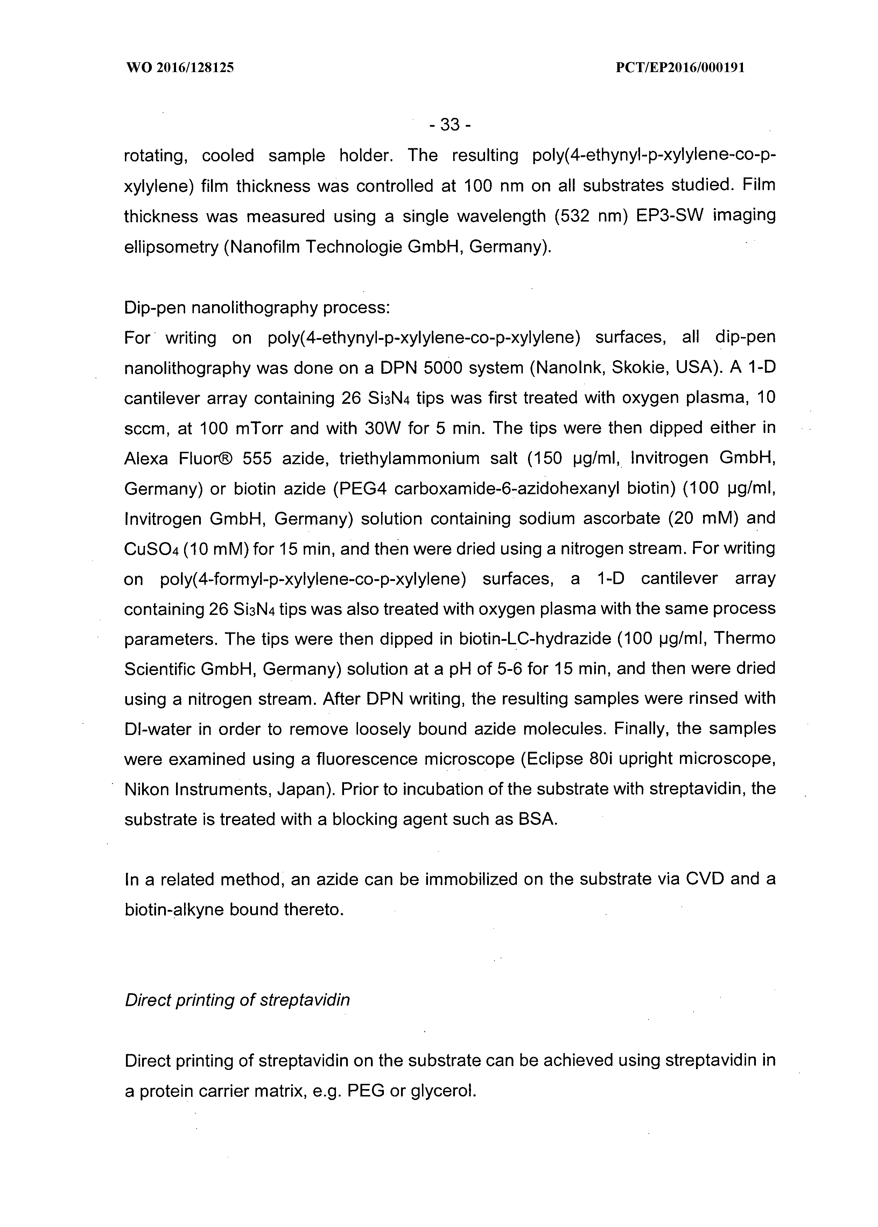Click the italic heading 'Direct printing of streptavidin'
[237, 1000]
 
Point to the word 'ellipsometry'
[171, 247]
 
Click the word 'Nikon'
[149, 790]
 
